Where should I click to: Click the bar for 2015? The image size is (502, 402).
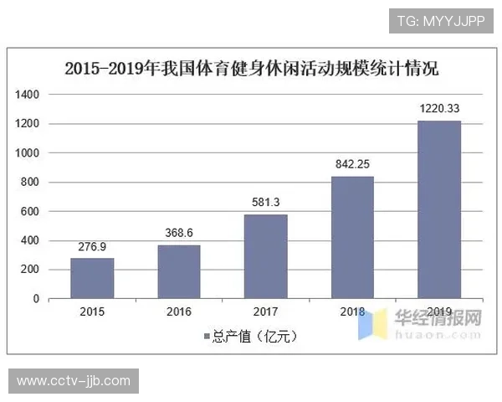point(92,277)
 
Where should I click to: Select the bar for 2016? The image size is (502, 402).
point(179,271)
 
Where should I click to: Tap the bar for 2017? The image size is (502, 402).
point(265,256)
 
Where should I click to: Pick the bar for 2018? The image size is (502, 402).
point(352,237)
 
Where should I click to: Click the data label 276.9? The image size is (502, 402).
point(92,248)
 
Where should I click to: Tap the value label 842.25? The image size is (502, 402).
point(352,165)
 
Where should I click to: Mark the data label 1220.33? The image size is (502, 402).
point(439,110)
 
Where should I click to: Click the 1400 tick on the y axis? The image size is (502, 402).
point(28,95)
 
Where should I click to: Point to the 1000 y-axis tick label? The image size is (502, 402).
point(28,153)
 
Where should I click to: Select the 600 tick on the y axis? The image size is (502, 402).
point(31,212)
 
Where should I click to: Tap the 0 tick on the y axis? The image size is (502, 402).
point(37,299)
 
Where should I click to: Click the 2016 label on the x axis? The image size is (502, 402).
point(179,312)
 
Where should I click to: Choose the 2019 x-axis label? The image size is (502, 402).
point(439,312)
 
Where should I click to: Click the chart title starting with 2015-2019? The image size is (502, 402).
point(252,69)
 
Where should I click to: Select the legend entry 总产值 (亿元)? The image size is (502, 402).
point(251,337)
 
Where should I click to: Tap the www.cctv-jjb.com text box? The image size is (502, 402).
point(74,381)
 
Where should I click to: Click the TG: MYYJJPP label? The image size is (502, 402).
point(440,19)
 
